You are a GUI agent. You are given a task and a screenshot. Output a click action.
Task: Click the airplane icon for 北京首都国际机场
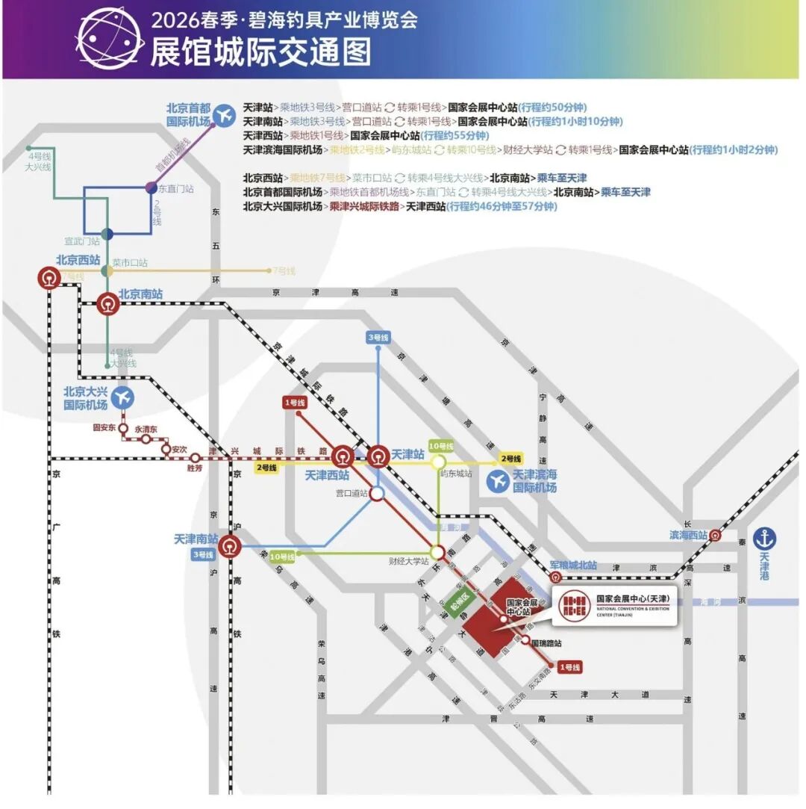223,115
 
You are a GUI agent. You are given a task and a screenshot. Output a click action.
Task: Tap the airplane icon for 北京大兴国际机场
123,397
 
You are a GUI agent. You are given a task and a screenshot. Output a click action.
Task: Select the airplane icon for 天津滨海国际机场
498,481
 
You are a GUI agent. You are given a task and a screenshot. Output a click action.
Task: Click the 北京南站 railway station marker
108,304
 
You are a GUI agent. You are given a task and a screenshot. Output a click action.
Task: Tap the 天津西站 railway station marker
343,455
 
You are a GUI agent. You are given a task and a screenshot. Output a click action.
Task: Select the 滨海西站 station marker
715,535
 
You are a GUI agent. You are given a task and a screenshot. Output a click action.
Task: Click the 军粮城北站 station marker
554,577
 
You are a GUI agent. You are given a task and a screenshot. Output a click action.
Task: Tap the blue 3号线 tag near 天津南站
203,554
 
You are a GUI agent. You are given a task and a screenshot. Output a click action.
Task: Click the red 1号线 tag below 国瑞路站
569,666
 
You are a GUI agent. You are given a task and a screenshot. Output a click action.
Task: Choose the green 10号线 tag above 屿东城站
441,444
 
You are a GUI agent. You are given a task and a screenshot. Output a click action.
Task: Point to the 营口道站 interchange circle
378,494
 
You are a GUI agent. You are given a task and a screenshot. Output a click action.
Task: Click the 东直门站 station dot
151,187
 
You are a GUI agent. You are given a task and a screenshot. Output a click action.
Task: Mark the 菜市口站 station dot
107,270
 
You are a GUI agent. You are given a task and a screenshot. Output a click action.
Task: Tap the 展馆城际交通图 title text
260,52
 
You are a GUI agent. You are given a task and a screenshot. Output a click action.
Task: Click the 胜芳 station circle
195,458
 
